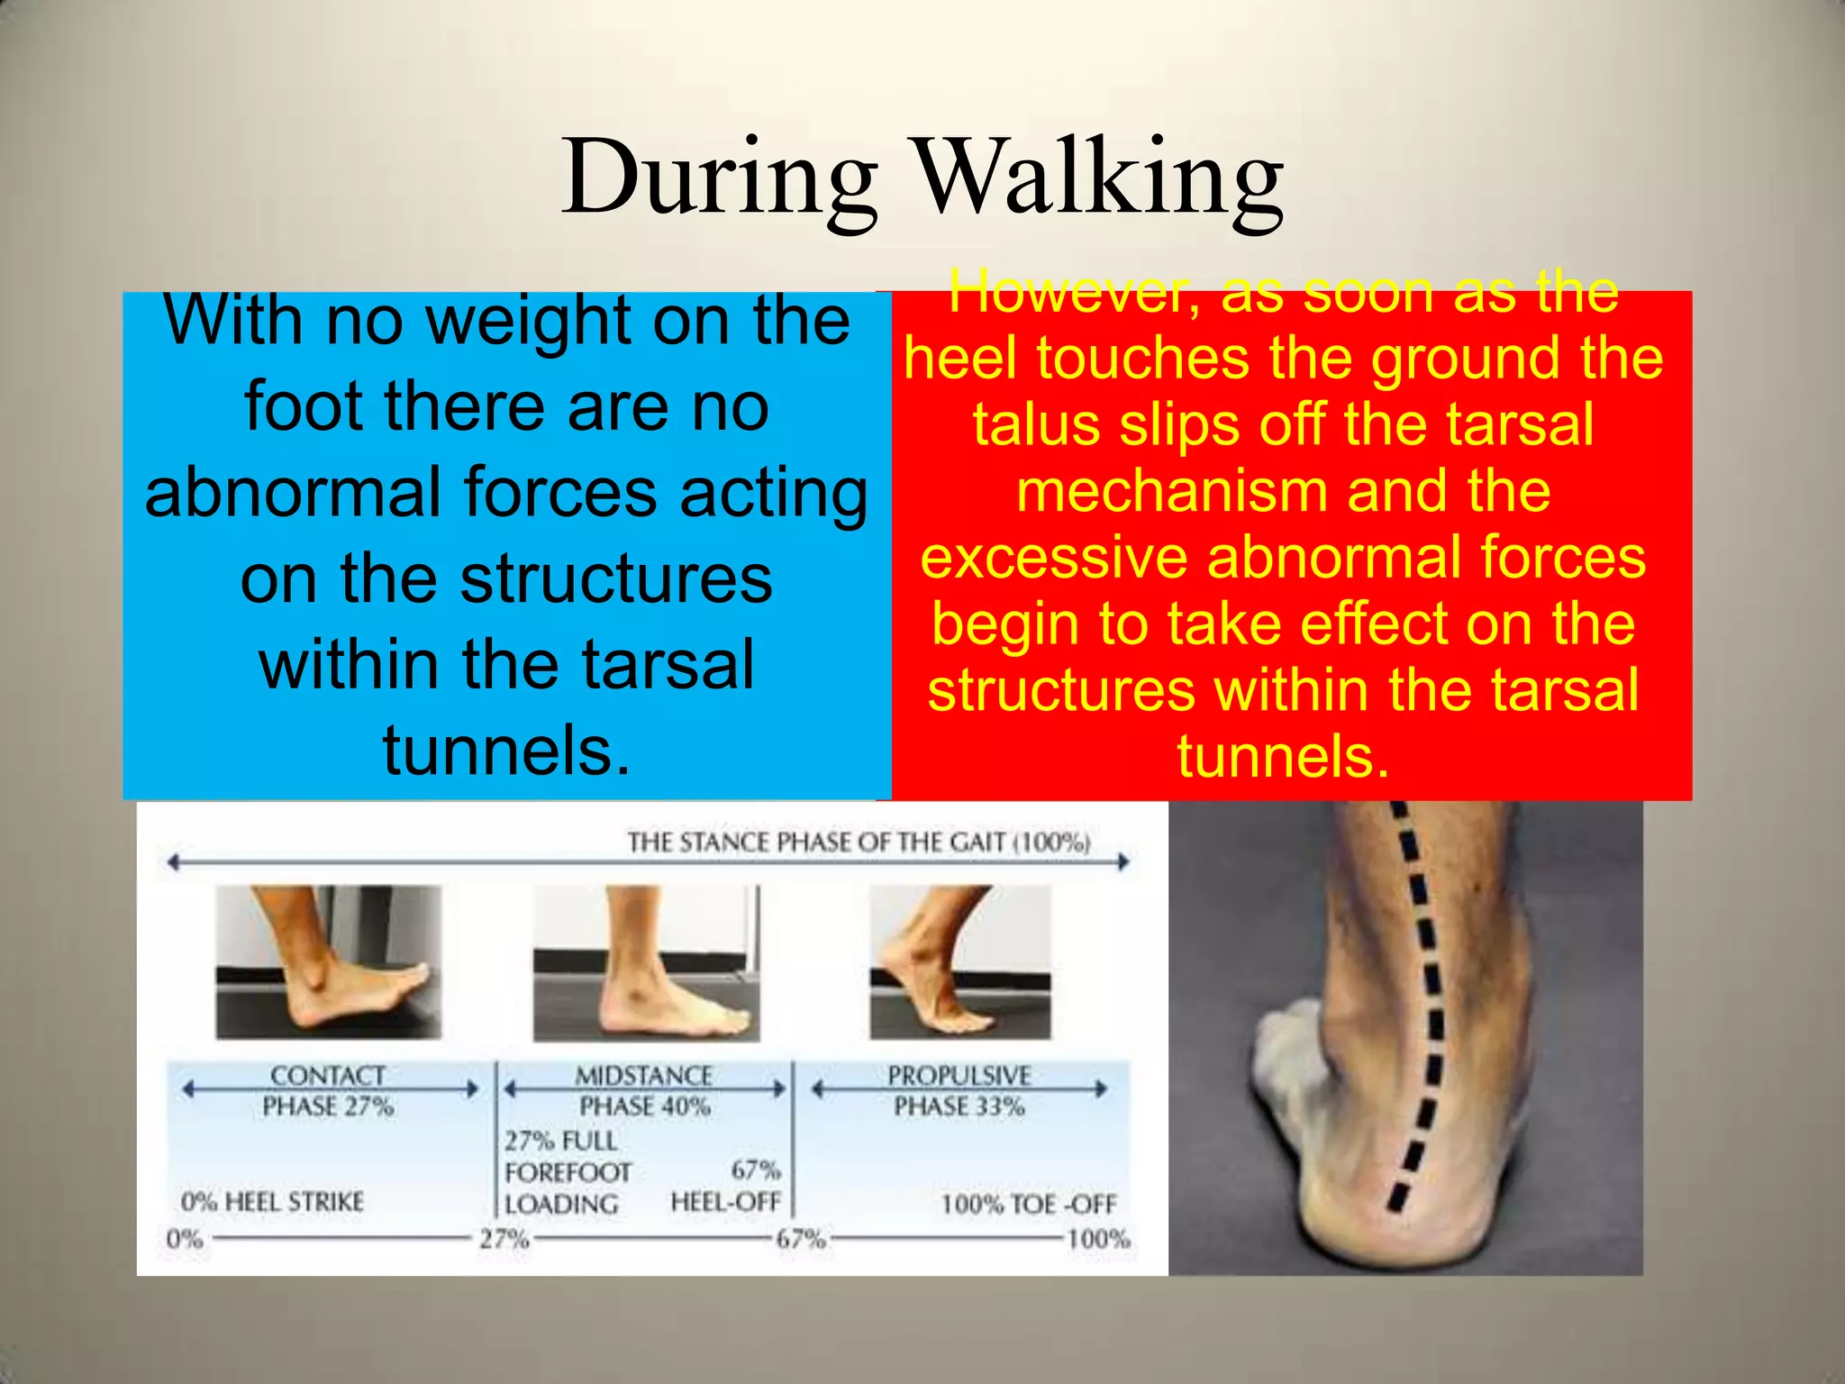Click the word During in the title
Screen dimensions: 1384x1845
pos(719,178)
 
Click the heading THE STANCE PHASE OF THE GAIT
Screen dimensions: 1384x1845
pos(858,842)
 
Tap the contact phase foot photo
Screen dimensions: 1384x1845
pos(328,961)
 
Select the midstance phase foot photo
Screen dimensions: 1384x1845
pos(645,961)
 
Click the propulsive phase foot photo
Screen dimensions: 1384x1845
pos(959,961)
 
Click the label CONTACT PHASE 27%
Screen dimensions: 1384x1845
pos(328,1090)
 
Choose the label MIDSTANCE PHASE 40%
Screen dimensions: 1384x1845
pos(644,1090)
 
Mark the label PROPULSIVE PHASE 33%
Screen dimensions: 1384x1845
pos(959,1090)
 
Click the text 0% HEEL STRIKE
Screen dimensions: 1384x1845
pos(272,1202)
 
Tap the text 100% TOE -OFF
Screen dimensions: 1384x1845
pos(1028,1205)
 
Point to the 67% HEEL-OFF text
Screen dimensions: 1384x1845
pos(726,1187)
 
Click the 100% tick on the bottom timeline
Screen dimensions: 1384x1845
pos(1098,1239)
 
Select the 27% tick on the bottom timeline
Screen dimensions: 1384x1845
pos(504,1240)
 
